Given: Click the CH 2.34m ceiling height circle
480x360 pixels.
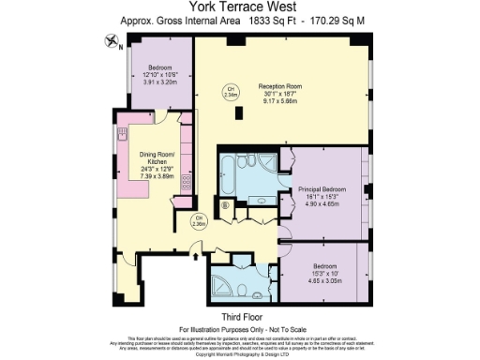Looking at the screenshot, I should [x=231, y=92].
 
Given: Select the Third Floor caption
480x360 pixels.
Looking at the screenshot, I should [x=240, y=318].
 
